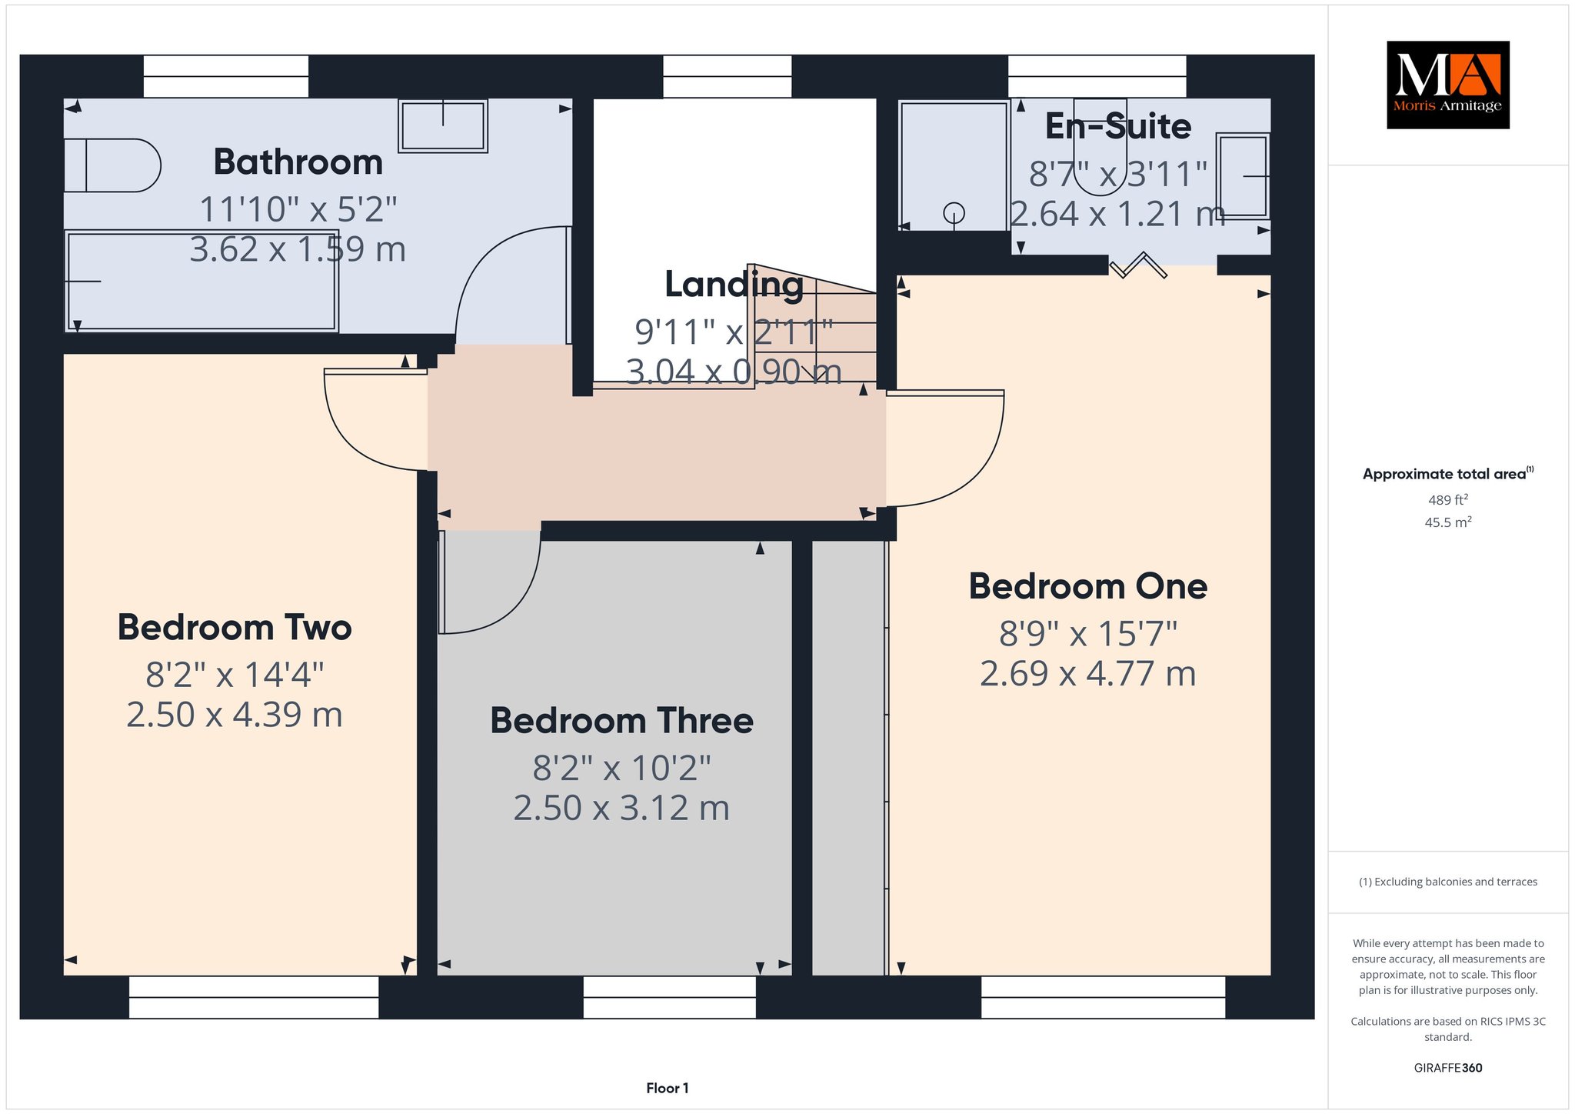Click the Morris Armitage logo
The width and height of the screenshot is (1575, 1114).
coord(1447,85)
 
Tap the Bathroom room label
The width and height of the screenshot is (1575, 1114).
coord(298,162)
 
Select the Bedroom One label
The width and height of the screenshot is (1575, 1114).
coord(1087,586)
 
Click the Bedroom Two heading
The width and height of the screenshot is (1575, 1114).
coord(235,628)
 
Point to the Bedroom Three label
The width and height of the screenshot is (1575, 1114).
coord(621,721)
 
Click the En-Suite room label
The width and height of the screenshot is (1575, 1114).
coord(1118,127)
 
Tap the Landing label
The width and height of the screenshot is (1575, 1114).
coord(734,285)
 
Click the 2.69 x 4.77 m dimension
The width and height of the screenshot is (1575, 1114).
coord(1087,674)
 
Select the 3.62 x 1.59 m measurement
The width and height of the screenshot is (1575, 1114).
coord(298,250)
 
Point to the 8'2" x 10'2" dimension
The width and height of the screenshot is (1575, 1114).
coord(621,768)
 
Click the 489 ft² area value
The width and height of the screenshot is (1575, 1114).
coord(1448,500)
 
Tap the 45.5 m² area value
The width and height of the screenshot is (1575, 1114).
coord(1448,522)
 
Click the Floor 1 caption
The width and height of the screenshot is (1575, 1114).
coord(668,1088)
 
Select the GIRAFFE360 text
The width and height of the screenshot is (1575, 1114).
coord(1448,1068)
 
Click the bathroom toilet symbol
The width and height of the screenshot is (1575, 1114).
coord(112,165)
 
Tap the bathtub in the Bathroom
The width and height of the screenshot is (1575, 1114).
coord(201,282)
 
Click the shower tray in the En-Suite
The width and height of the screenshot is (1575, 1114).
coord(954,165)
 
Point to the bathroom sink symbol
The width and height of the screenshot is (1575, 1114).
coord(443,125)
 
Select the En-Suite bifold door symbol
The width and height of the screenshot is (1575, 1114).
coord(1139,265)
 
